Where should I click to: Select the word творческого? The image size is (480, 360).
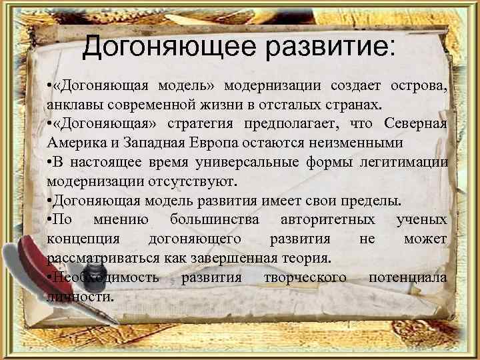point(305,277)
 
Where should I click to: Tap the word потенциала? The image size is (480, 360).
point(408,277)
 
